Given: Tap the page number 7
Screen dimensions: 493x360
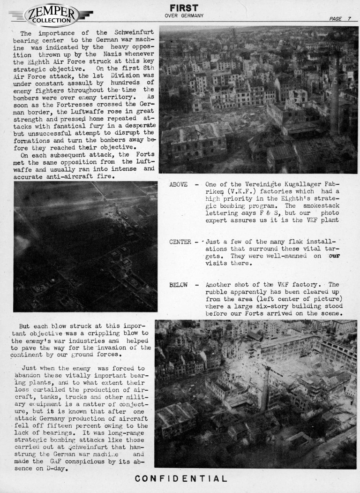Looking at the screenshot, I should tap(349, 18).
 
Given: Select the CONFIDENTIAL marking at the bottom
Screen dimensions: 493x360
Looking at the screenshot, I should tap(181, 479).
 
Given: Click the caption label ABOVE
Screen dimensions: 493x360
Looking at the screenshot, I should tap(178, 184).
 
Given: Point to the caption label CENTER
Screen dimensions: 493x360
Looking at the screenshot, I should tap(180, 242).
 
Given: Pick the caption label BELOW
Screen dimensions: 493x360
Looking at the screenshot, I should tap(178, 285).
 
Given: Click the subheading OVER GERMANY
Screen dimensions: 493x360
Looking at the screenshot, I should tap(184, 16).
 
